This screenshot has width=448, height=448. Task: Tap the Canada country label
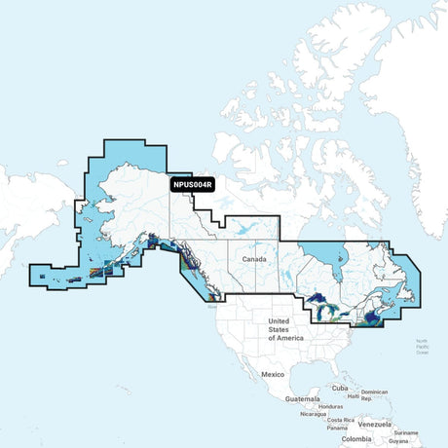(254, 260)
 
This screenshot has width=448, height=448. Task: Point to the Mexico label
(271, 374)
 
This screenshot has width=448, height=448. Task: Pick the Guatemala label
(301, 399)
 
